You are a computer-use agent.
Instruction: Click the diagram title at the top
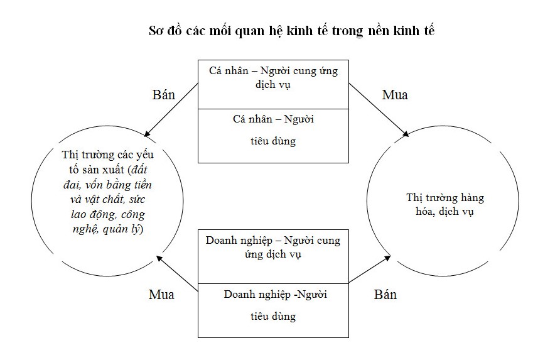tap(291, 31)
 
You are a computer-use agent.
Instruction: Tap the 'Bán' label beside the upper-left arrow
tap(164, 95)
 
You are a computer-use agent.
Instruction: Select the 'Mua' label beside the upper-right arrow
tap(395, 95)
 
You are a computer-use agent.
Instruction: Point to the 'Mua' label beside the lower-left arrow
tap(161, 295)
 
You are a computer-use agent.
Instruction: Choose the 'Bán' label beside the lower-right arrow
tap(385, 295)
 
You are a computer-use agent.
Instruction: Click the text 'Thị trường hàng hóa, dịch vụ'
tap(445, 204)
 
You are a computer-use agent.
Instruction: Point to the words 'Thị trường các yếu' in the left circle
tap(107, 155)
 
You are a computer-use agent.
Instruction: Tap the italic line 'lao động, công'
tap(108, 214)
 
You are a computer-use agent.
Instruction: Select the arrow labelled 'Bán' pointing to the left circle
tap(171, 110)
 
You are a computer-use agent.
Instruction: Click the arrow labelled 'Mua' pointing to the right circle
tap(379, 110)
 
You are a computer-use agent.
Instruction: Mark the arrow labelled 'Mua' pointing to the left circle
tap(177, 273)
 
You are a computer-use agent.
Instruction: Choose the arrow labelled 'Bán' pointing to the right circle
tap(370, 269)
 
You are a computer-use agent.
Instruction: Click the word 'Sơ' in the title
tap(156, 31)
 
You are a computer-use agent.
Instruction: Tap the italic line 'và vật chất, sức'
tap(107, 199)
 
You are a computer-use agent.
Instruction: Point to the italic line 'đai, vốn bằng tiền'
tap(107, 185)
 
